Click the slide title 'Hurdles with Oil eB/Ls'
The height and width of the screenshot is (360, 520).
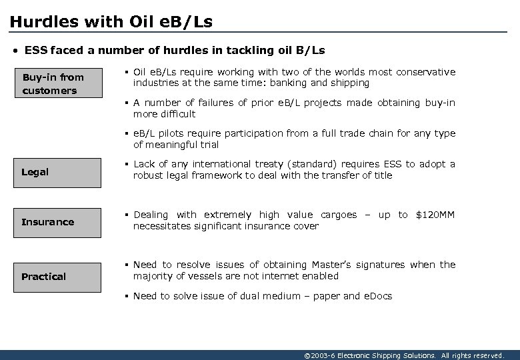[111, 21]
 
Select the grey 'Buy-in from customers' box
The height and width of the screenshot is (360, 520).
[59, 84]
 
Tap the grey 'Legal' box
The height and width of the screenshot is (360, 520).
[59, 172]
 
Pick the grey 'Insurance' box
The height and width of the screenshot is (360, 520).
[59, 222]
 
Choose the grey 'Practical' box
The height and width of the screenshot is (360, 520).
[59, 277]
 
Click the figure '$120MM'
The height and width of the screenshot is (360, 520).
[435, 215]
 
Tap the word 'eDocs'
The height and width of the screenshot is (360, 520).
[377, 296]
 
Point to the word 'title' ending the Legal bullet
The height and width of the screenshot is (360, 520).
[382, 175]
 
